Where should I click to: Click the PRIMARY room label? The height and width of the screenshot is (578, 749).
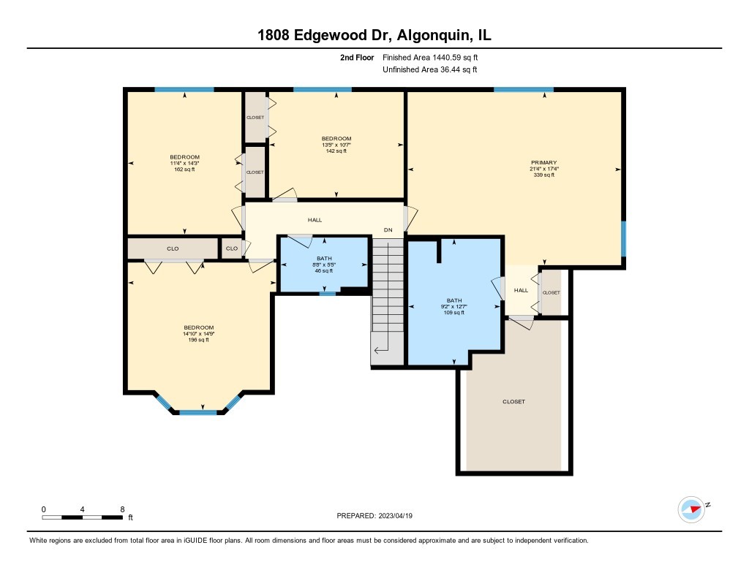pos(544,162)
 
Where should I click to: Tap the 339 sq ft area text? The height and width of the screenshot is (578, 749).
pos(544,175)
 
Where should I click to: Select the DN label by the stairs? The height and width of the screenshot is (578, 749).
pos(388,230)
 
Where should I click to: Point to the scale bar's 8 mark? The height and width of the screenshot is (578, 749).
pos(122,509)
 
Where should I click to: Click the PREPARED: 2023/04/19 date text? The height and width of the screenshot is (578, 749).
pos(380,515)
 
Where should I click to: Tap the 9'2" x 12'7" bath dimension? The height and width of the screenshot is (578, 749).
pos(455,306)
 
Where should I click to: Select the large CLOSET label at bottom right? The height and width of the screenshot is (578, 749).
pos(513,402)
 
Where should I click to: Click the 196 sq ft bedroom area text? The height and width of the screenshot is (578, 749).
pos(198,340)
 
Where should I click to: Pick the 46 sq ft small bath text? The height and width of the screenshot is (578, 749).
pos(324,270)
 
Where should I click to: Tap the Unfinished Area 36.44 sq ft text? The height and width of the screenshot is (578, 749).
pos(430,70)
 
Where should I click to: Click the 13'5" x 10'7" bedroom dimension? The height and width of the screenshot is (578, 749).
pos(336,145)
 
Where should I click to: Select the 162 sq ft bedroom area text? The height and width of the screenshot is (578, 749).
pos(184,170)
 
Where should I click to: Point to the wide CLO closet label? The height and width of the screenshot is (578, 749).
pos(173,248)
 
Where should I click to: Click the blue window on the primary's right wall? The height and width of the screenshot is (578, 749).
pos(624,239)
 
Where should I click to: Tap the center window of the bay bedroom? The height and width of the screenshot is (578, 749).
pos(198,413)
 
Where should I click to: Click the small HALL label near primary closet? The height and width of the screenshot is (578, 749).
pos(521,290)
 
